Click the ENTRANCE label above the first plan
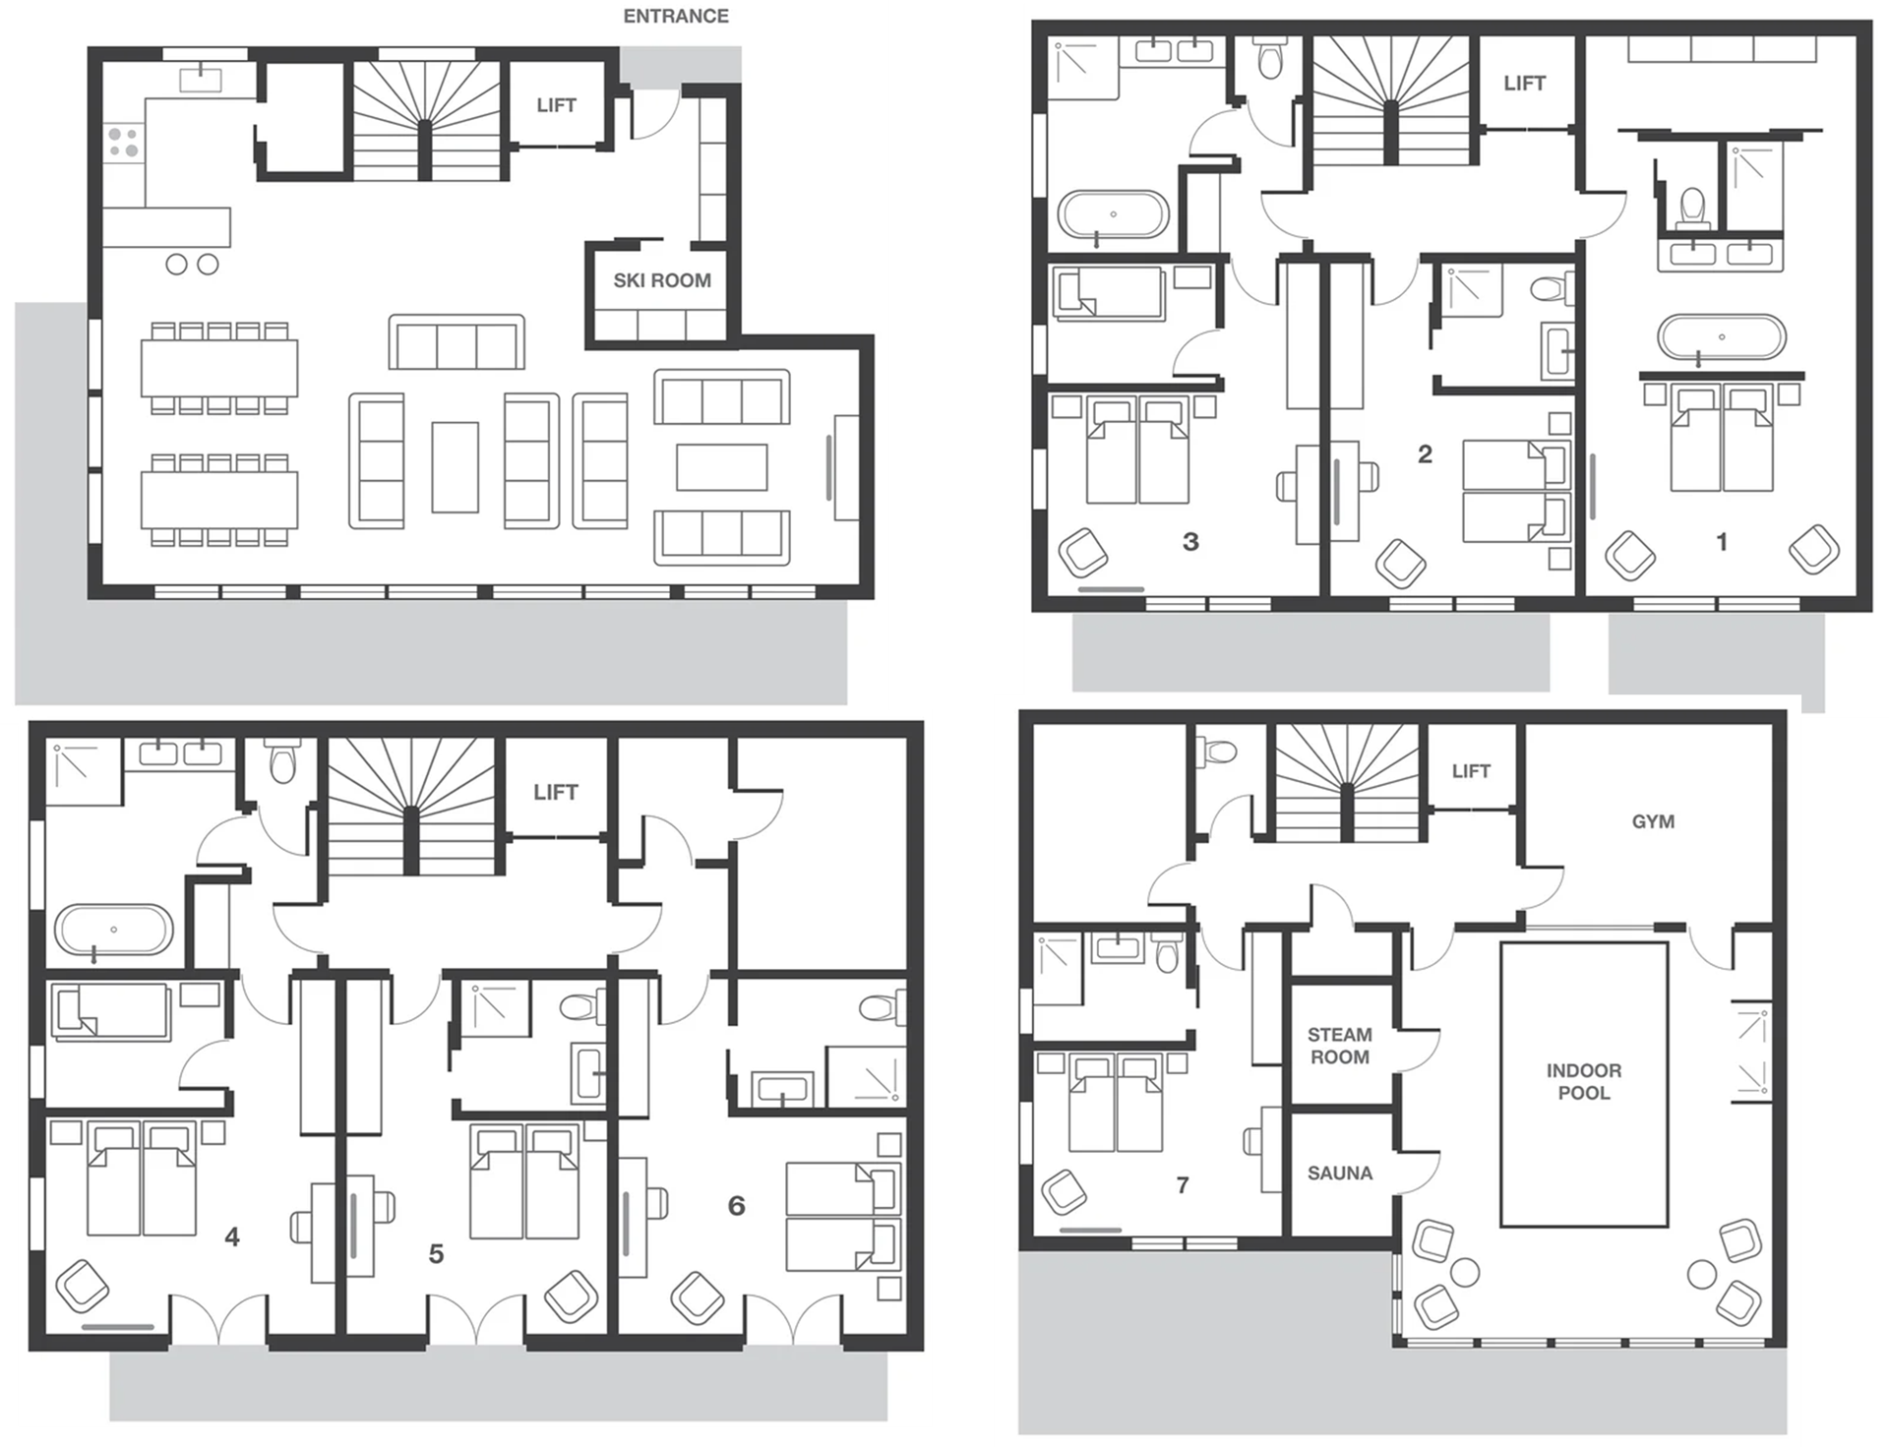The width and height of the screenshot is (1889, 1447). [x=676, y=16]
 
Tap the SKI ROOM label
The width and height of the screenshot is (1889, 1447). [x=662, y=280]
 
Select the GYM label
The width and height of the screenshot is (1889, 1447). [x=1653, y=821]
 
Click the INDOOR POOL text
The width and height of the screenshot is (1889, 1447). [x=1584, y=1081]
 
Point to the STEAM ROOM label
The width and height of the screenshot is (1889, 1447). [x=1340, y=1046]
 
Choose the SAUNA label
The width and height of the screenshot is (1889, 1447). [x=1340, y=1173]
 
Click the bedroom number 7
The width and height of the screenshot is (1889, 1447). [x=1183, y=1185]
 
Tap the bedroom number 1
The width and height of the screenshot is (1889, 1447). [x=1722, y=541]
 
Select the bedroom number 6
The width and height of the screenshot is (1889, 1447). [x=736, y=1205]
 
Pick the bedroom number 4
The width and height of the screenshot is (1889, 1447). [x=232, y=1236]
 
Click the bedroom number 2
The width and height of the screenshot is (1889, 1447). [x=1425, y=453]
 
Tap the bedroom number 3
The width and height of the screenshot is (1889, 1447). [x=1190, y=541]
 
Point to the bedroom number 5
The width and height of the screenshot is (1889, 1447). [x=436, y=1253]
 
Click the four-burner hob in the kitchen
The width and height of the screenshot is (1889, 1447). [x=123, y=142]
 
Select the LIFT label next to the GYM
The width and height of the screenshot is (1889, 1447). [x=1471, y=771]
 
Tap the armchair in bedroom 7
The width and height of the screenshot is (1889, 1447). [x=1066, y=1191]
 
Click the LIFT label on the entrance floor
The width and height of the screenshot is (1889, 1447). [x=556, y=105]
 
